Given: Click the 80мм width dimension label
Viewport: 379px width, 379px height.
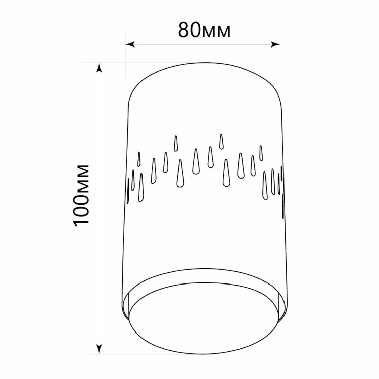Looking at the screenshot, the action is tap(204, 30).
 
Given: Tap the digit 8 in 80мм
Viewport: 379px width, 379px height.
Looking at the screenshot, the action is tap(183, 30).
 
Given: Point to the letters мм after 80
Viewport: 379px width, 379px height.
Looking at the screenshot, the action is tap(216, 32).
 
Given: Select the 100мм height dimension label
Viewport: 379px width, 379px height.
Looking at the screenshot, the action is tap(81, 195).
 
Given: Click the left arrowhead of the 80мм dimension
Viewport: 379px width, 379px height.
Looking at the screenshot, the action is tap(130, 44).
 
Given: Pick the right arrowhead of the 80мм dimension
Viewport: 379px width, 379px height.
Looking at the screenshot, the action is tap(275, 44).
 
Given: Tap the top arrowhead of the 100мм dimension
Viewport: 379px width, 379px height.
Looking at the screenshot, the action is tap(99, 68).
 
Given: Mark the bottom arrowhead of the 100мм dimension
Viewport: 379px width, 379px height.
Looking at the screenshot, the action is tap(99, 349).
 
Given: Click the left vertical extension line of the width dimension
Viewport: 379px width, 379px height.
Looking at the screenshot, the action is tap(125, 55).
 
